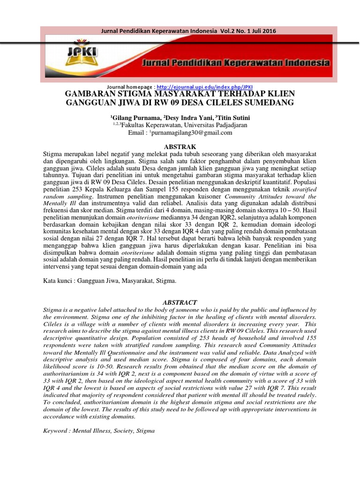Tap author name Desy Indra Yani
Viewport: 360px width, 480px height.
(x=184, y=117)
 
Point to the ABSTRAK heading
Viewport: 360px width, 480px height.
(x=180, y=147)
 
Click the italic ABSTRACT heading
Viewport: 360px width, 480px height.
(x=180, y=302)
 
